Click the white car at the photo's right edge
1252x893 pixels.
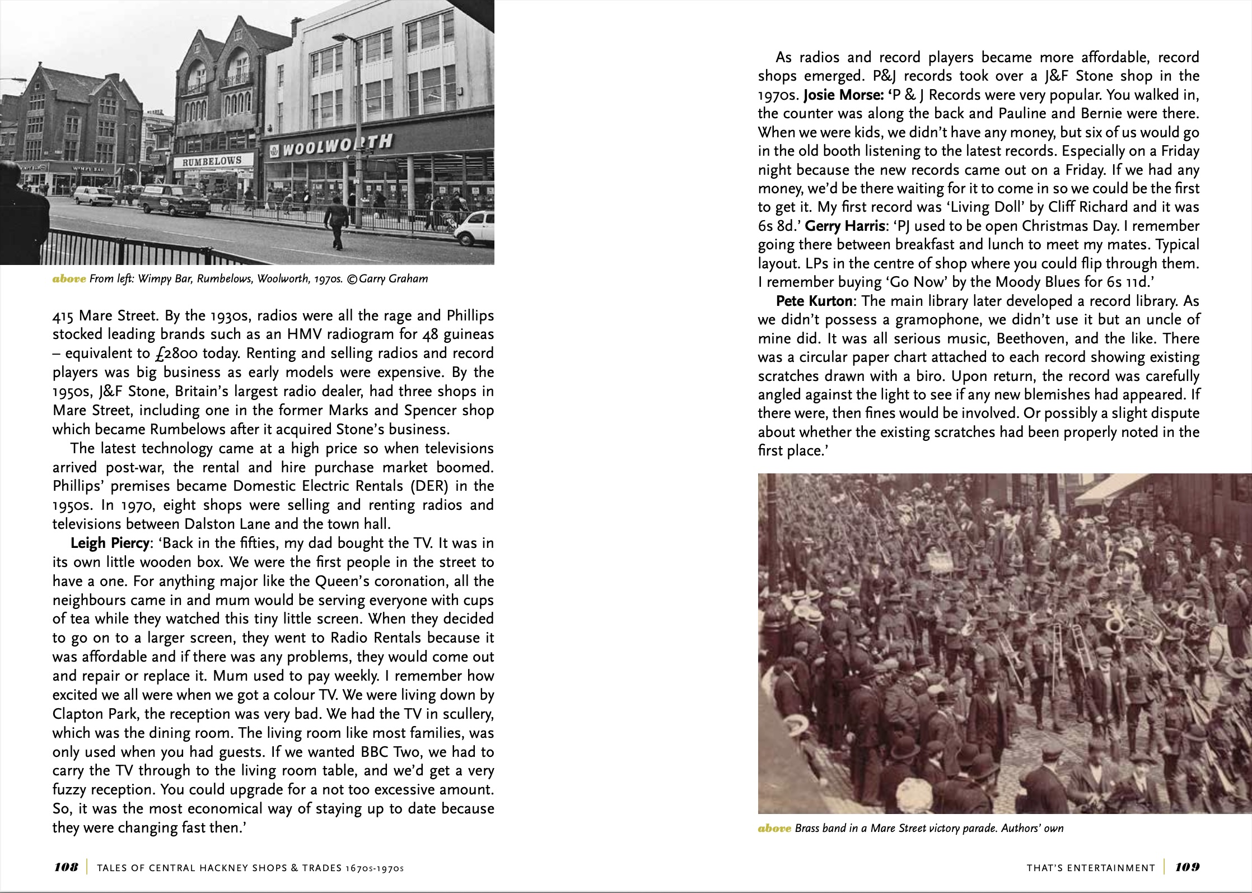(x=475, y=229)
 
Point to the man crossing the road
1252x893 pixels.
(x=337, y=224)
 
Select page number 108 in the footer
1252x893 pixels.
(x=66, y=867)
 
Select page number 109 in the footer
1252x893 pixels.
(x=1187, y=867)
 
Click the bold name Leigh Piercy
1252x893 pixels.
(x=108, y=543)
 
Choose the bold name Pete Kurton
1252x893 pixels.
(x=814, y=301)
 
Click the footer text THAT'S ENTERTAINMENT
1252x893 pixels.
(x=1091, y=868)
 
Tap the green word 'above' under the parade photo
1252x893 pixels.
(x=774, y=829)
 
